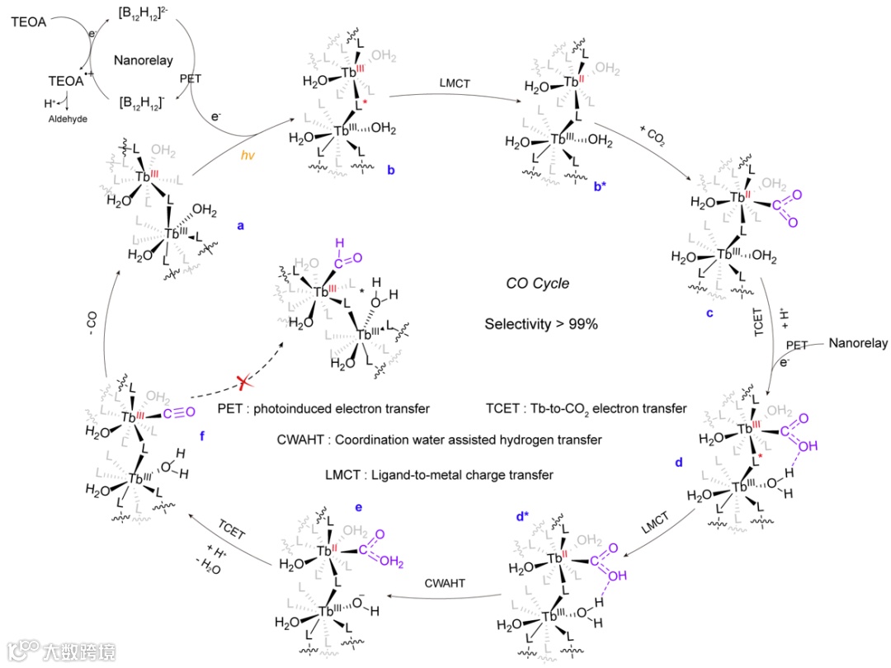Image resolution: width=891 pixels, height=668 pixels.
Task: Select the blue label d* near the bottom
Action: coord(521,517)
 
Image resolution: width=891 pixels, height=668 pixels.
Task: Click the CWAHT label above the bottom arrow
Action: coord(446,583)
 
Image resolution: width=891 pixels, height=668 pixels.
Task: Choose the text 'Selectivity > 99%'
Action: coord(540,324)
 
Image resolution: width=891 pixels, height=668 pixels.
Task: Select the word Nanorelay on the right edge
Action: coord(859,343)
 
